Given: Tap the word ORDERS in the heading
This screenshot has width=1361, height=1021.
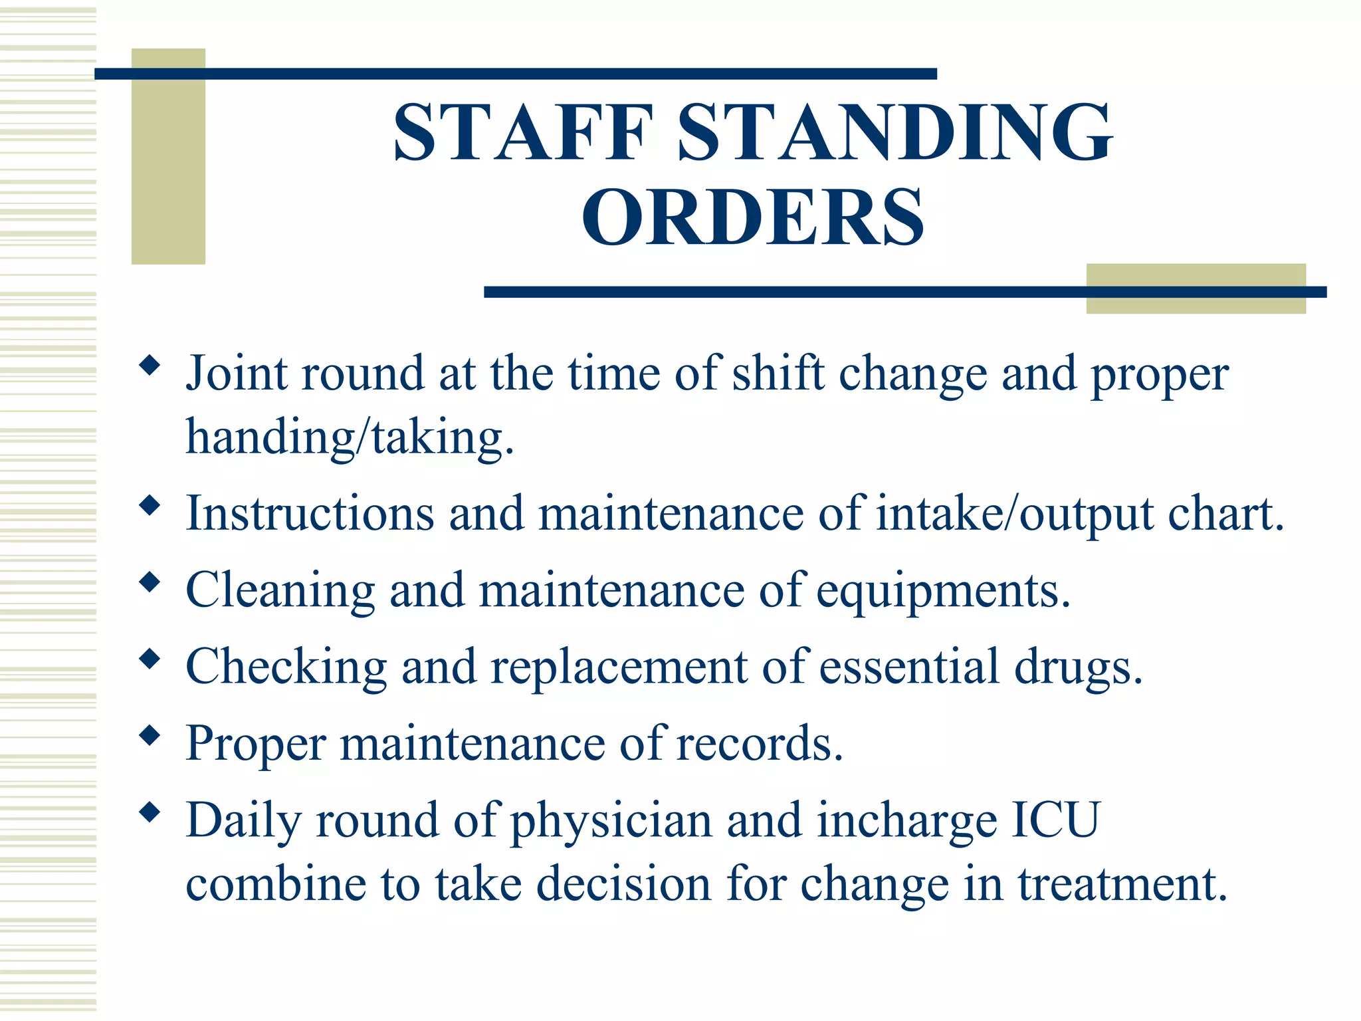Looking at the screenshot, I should [x=753, y=217].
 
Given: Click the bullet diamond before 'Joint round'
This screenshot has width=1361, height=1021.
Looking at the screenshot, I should [x=150, y=365].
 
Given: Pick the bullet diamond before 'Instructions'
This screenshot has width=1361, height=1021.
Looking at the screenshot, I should [x=150, y=507].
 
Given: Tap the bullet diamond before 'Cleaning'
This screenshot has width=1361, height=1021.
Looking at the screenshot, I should [x=150, y=583].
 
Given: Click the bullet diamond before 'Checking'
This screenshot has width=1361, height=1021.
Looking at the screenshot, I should [x=150, y=659].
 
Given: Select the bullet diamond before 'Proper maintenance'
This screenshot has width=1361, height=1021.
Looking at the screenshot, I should [x=150, y=736].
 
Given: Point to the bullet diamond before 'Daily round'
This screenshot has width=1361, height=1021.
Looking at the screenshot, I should [x=150, y=812].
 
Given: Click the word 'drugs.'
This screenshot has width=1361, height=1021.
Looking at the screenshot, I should [x=1078, y=667].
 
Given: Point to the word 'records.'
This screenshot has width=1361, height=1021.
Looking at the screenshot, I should [x=760, y=743].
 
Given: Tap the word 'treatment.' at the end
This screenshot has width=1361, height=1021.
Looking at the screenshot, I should [x=1122, y=884].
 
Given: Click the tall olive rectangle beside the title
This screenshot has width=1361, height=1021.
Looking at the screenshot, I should [x=168, y=156].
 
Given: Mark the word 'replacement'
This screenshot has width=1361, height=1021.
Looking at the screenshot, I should [x=619, y=667].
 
